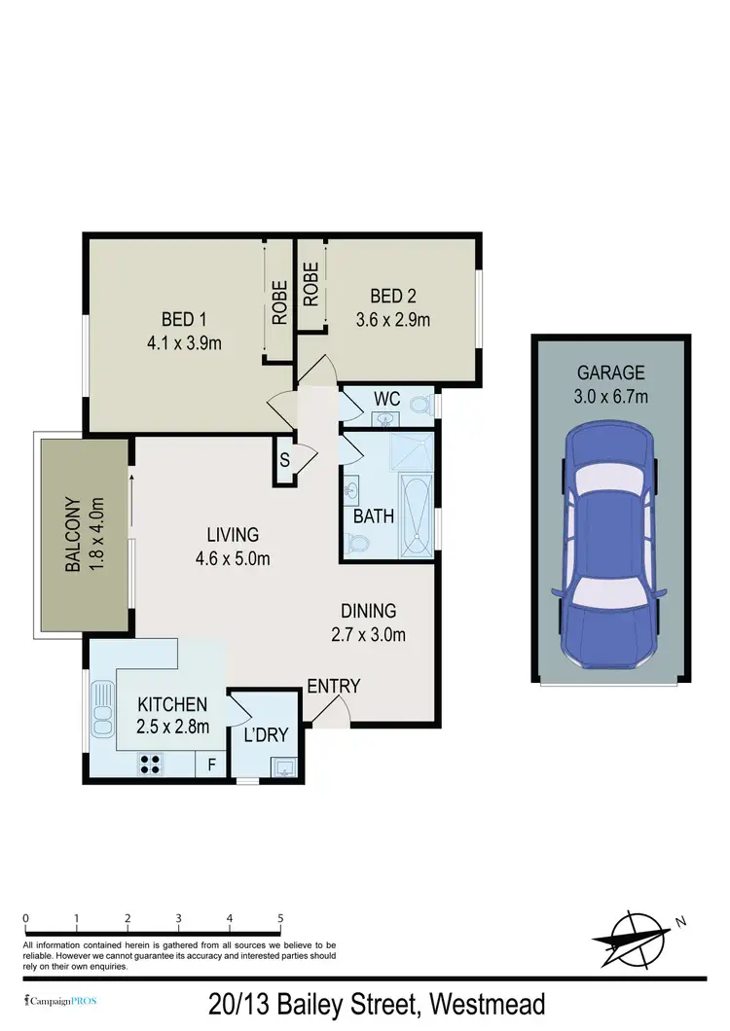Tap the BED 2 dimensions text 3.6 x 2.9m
click(x=393, y=318)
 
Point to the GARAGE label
click(x=611, y=372)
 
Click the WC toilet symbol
click(x=420, y=404)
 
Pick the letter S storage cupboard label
click(x=285, y=460)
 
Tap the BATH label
click(x=374, y=515)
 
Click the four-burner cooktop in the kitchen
click(x=151, y=764)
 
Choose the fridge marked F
click(x=210, y=765)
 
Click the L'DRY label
click(x=266, y=734)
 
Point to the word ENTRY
click(x=334, y=687)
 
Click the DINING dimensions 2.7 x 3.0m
click(x=369, y=635)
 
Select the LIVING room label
click(x=233, y=534)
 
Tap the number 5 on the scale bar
click(x=280, y=918)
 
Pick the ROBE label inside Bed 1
click(x=279, y=302)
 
